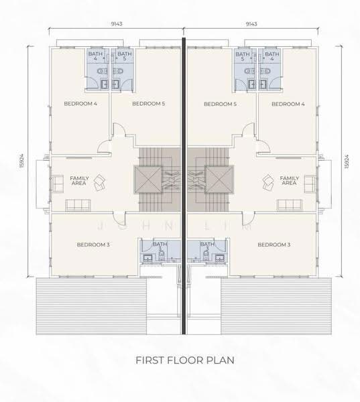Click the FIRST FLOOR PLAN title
(185, 360)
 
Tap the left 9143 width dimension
(116, 24)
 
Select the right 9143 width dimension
(251, 24)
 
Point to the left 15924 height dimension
(22, 161)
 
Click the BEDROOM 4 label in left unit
(80, 104)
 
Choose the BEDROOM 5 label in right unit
(220, 104)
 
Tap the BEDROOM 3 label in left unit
(93, 245)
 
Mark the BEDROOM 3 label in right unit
(274, 245)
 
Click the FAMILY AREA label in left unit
(79, 180)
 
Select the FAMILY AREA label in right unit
(289, 180)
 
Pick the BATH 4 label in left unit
(95, 56)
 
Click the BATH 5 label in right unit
(243, 56)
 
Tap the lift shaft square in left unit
(148, 180)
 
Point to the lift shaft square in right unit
(219, 180)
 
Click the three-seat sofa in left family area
(78, 205)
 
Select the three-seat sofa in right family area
(290, 205)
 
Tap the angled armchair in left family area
(99, 182)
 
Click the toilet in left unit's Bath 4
(103, 71)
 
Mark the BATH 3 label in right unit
(206, 246)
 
